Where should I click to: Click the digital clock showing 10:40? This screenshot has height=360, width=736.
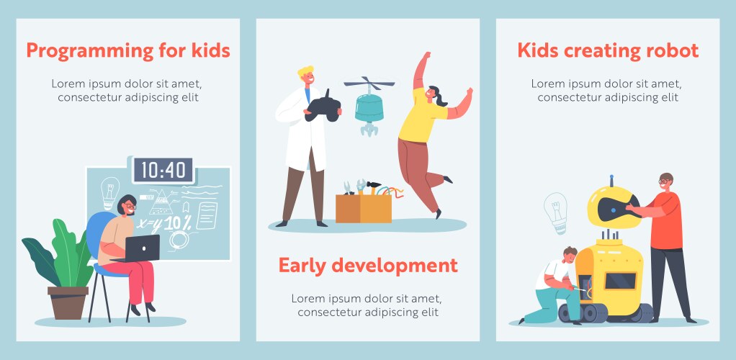(x=163, y=170)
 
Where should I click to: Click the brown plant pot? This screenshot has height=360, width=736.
(x=68, y=302)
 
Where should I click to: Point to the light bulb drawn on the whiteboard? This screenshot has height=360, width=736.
(x=110, y=192)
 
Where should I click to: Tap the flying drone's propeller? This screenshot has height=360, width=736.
(x=369, y=84)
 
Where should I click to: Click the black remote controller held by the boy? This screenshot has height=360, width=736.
(x=323, y=106)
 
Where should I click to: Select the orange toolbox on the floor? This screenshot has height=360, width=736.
(x=363, y=208)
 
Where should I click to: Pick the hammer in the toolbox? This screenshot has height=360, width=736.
(x=374, y=186)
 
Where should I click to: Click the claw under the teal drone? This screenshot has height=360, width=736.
(x=369, y=129)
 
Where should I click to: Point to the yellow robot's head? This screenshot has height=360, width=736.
(x=613, y=207)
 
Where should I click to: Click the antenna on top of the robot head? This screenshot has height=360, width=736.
(x=611, y=181)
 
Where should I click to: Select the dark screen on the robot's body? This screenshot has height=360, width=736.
(x=620, y=281)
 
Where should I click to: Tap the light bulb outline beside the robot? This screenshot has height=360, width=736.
(x=556, y=212)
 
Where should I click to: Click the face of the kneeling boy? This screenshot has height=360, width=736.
(x=570, y=257)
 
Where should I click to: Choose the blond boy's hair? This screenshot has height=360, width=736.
(x=305, y=72)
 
